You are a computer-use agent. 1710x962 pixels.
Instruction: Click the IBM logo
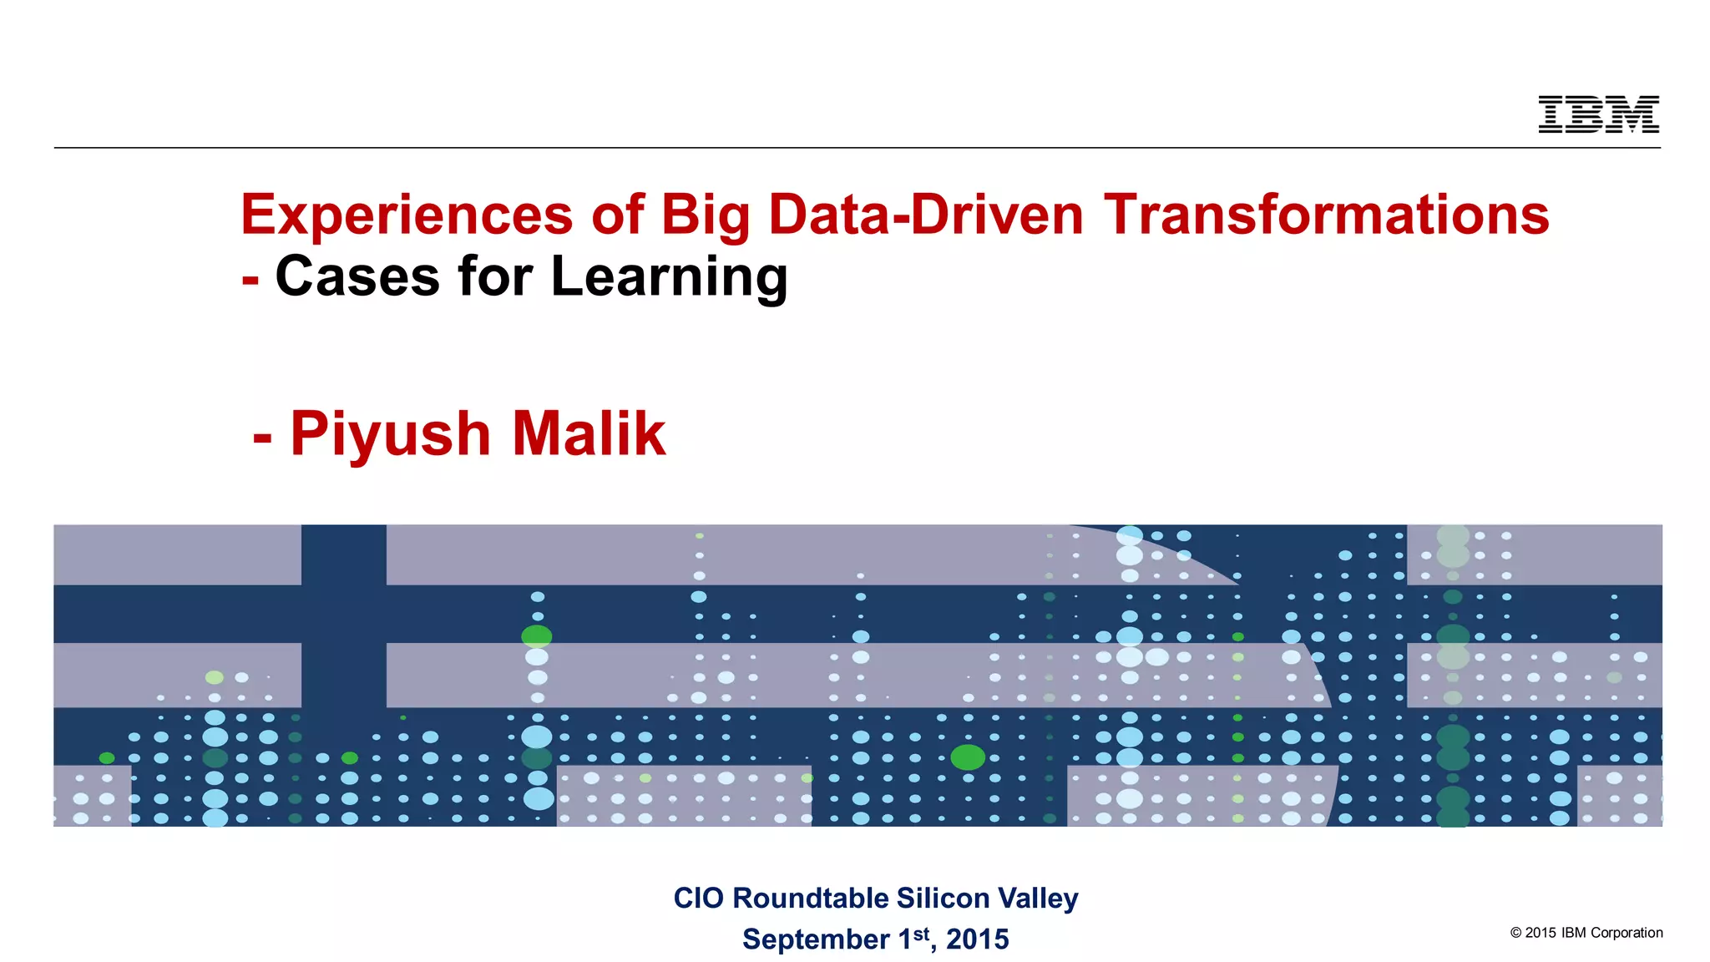pos(1598,114)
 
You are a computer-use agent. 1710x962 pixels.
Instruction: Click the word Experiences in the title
pos(407,215)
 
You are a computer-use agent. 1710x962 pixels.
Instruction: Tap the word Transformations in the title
pos(1327,215)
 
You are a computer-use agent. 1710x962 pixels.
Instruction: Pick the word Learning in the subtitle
pos(669,278)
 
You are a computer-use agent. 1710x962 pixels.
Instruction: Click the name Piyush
pos(390,435)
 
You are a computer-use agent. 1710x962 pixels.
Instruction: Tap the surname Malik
pos(589,433)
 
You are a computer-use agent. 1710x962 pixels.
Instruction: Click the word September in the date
pos(816,939)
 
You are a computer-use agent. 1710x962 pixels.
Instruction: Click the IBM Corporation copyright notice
pos(1586,933)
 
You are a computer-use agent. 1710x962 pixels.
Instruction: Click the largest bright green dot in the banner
pos(968,757)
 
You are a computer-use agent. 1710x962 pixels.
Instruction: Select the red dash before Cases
pos(250,281)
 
